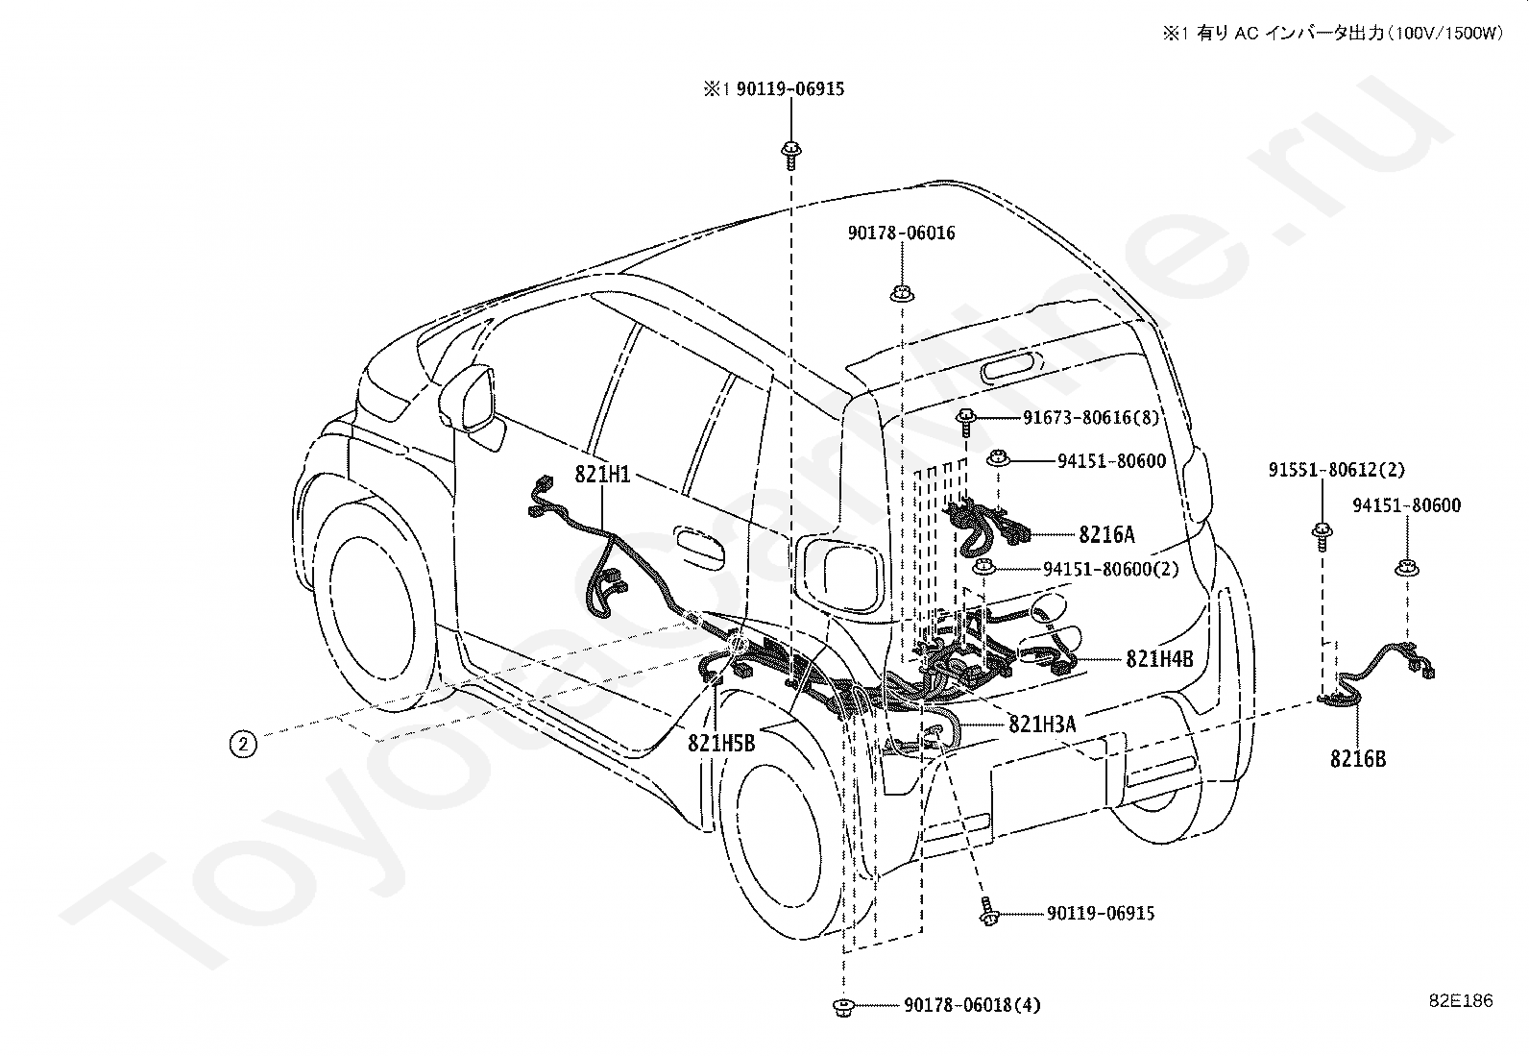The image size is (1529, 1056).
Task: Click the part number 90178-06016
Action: pos(901,233)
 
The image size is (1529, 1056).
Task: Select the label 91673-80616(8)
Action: pos(1091,417)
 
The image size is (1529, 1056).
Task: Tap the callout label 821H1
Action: pos(602,474)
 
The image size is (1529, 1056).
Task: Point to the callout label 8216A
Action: pos(1106,534)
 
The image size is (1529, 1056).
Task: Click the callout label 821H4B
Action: pos(1160,658)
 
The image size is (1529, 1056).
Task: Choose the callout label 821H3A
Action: pos(1042,724)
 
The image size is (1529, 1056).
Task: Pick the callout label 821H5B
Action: pos(721,743)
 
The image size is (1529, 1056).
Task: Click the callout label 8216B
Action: pos(1358,759)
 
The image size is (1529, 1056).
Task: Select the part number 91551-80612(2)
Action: pos(1337,470)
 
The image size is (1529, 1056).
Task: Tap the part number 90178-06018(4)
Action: pos(973,1005)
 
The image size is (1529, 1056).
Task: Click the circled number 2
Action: pos(243,743)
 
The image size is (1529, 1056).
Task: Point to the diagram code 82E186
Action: pos(1462,1000)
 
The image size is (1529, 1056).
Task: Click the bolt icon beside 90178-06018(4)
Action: pos(843,1007)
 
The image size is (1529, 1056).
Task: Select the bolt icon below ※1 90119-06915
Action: pos(790,155)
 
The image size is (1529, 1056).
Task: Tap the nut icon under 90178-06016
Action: pos(902,294)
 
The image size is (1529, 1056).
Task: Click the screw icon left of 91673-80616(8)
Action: pos(966,422)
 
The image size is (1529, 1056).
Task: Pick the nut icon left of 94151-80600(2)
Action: pos(983,566)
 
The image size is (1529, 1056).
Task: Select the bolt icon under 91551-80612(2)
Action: pos(1323,536)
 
